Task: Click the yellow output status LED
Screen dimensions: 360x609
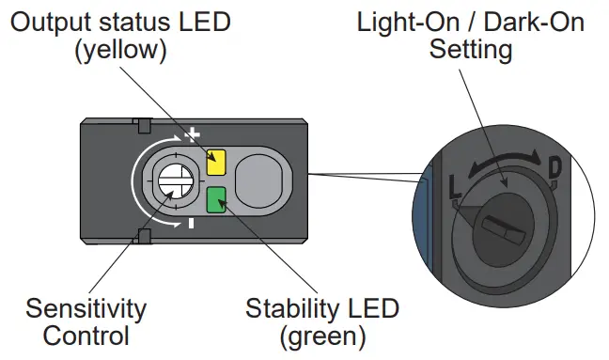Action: [215, 163]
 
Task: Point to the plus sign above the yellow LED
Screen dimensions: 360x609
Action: [193, 135]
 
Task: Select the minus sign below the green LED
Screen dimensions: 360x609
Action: [191, 224]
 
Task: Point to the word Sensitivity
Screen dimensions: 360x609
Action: [86, 308]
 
